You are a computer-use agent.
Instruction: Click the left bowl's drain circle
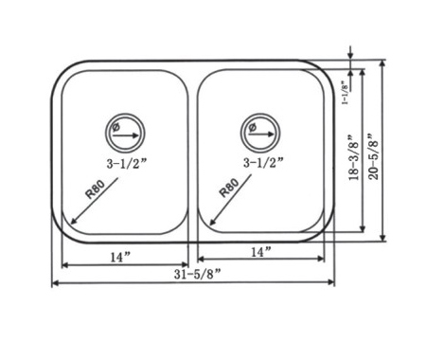point(125,114)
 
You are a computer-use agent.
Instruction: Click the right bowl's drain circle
point(260,114)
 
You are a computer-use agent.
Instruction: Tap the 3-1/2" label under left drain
point(127,164)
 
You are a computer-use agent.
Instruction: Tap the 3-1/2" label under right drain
point(263,163)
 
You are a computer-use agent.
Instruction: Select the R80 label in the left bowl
point(95,189)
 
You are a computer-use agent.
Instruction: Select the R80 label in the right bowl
point(229,188)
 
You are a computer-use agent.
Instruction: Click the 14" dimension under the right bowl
point(261,252)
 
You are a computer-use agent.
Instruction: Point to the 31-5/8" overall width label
point(197,274)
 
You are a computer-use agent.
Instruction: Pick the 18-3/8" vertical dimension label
point(354,157)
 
